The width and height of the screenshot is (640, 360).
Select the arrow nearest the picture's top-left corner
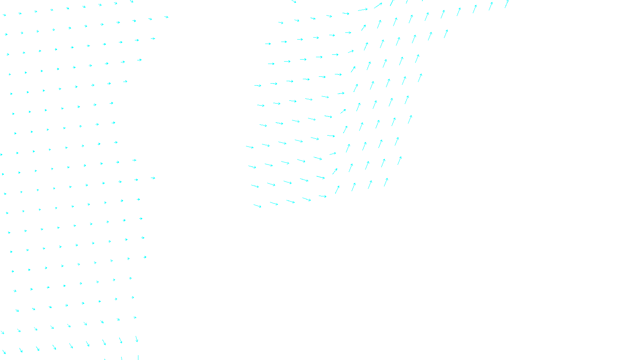4,15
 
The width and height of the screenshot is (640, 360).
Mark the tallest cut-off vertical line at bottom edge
138,357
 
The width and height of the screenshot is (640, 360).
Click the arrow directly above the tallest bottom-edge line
136,339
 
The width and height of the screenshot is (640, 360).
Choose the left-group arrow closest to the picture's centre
153,178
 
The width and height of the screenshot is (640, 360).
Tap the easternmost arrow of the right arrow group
507,4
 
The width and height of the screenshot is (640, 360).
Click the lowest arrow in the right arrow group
257,206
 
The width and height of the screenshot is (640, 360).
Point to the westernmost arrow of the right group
250,147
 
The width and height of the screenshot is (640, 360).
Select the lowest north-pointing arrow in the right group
337,189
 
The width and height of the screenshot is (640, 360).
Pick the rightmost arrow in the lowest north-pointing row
386,182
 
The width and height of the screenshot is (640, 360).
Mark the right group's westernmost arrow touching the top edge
294,2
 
